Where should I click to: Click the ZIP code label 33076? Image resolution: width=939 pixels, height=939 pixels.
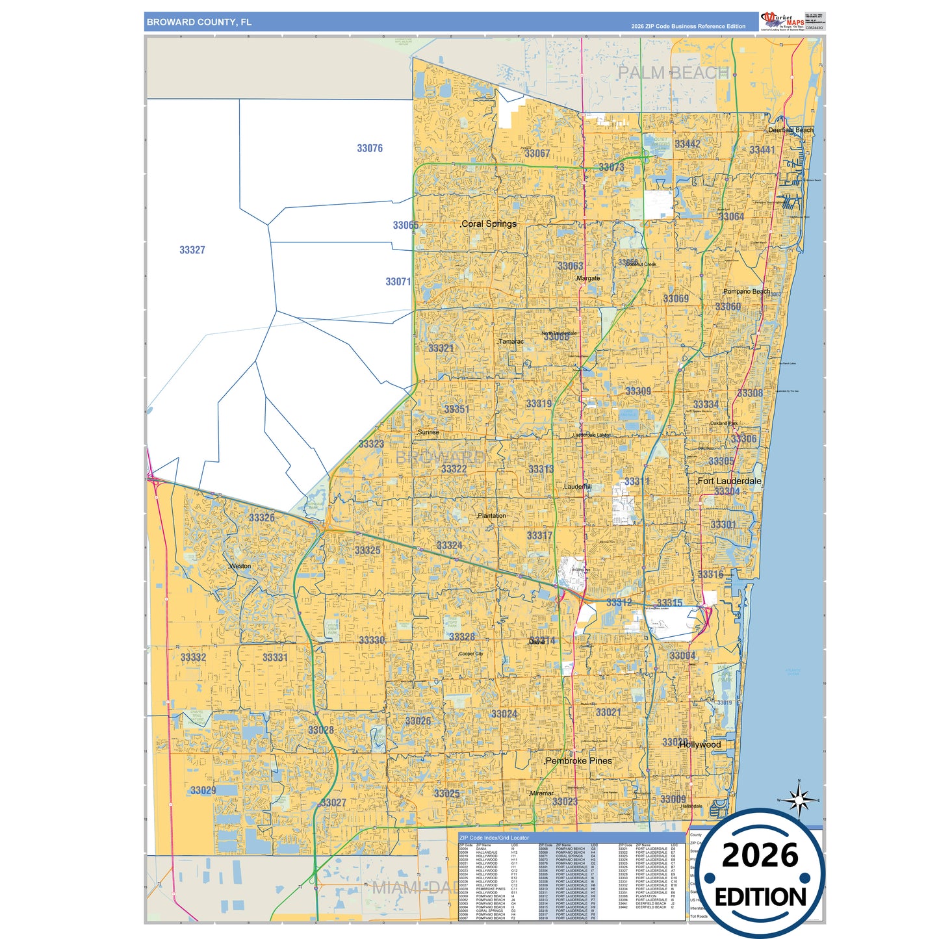coord(370,148)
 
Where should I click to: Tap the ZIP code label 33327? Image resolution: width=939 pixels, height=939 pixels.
coord(192,250)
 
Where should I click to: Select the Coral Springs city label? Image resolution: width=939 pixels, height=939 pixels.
coord(489,224)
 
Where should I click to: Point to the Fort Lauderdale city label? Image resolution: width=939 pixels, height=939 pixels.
coord(729,482)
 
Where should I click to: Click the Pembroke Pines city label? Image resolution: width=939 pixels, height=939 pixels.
coord(578,761)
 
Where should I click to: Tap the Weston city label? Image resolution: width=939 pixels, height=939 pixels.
coord(240,566)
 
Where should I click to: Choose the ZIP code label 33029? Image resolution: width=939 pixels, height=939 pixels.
coord(203,791)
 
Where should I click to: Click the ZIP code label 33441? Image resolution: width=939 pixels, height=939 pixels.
coord(762,150)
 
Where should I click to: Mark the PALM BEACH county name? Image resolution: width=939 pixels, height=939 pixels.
coord(673,73)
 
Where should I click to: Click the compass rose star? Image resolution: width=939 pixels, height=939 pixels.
coord(799,799)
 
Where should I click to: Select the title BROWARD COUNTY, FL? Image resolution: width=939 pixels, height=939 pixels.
coord(199,22)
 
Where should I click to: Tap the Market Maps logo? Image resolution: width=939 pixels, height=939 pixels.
coord(782,21)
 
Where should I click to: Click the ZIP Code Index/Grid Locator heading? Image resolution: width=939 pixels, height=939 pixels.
coord(494,838)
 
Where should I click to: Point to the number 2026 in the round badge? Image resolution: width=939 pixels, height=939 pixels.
coord(760,856)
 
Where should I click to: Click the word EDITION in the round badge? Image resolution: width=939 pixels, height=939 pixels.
coord(760,897)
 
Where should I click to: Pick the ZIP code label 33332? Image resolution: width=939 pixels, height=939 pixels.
coord(193,658)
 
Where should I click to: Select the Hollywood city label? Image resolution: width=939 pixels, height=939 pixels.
coord(700,745)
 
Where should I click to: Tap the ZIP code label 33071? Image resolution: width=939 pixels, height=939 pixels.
coord(398,282)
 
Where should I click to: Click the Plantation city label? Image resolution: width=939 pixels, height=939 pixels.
coord(492,516)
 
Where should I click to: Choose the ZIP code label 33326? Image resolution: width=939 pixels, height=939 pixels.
coord(261,518)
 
